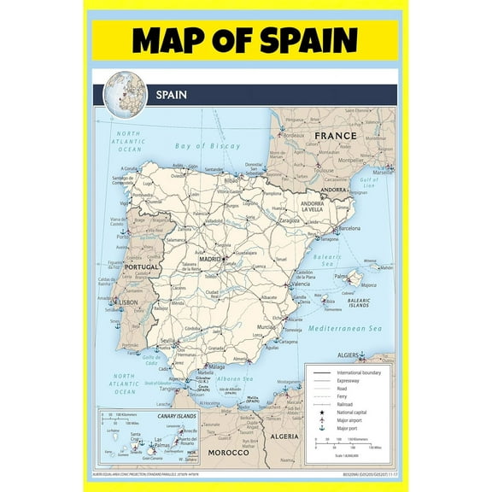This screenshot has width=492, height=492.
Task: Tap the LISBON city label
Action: [x=128, y=302]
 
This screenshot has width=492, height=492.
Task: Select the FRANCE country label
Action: [x=336, y=136]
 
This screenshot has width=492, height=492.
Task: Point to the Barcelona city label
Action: [x=352, y=229]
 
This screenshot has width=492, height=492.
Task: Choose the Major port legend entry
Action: [x=349, y=428]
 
